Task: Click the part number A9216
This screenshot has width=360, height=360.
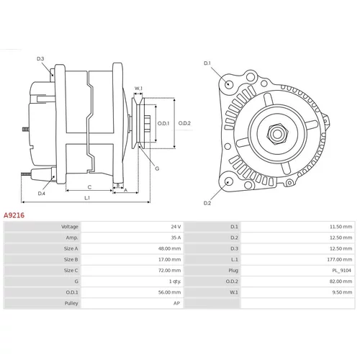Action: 14,215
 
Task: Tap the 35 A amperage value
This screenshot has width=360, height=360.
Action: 176,238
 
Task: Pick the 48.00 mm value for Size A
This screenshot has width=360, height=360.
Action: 169,248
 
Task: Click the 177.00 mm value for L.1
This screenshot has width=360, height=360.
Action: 340,259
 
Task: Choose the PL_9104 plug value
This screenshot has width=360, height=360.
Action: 341,271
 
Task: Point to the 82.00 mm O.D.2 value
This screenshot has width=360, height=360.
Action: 341,282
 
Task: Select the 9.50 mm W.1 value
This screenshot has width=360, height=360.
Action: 342,292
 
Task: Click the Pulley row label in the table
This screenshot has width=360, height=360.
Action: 71,303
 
